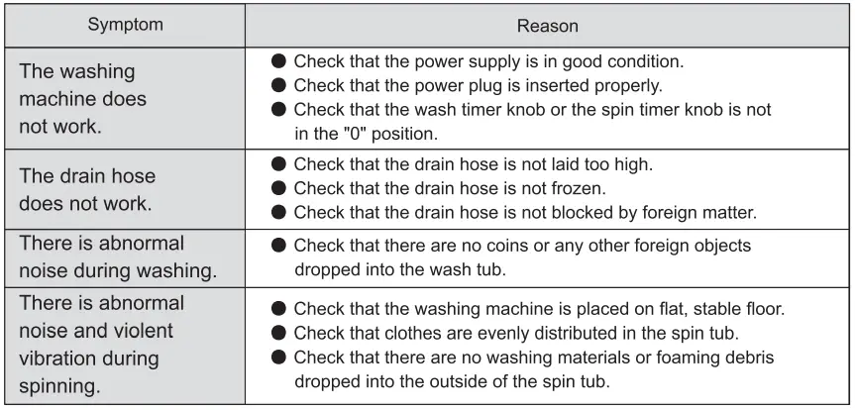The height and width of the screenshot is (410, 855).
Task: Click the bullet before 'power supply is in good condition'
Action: point(279,61)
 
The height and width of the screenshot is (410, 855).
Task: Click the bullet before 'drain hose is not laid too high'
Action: point(279,163)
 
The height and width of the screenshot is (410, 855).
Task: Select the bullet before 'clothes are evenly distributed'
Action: point(279,333)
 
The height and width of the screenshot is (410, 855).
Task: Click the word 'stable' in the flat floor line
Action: point(716,309)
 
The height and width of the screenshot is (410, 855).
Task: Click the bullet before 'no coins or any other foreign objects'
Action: point(279,246)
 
